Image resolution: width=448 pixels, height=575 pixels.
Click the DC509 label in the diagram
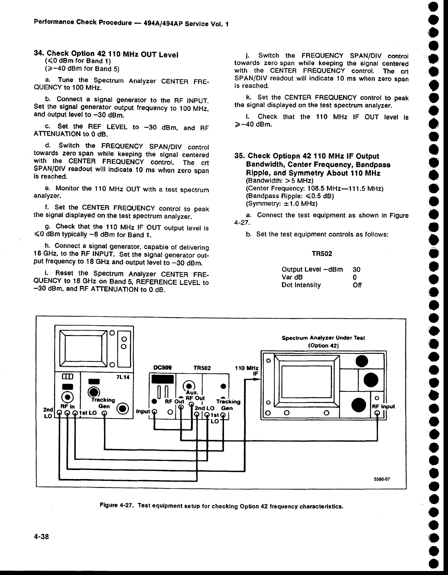(x=162, y=368)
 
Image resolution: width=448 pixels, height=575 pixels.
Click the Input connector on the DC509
(x=154, y=412)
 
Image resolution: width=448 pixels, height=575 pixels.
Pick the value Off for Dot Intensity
(x=357, y=285)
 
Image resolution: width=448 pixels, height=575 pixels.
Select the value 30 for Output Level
(x=357, y=269)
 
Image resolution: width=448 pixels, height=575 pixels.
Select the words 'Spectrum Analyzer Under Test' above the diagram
(x=323, y=337)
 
